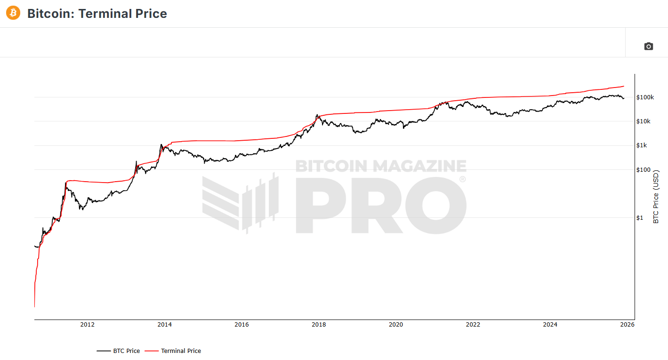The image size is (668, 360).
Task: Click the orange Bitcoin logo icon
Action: point(13,13)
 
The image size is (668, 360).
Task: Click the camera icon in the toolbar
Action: point(649,46)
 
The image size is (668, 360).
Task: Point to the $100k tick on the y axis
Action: point(644,97)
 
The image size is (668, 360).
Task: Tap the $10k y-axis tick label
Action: point(643,121)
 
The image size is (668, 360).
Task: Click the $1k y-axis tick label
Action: point(642,145)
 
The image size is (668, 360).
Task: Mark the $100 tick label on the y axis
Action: point(643,170)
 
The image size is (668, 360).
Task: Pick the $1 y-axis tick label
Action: point(640,218)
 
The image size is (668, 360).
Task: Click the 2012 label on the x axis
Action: point(87,324)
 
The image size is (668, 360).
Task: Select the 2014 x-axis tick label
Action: point(164,324)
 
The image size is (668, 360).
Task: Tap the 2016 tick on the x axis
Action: point(241,324)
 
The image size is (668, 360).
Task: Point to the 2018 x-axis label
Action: point(319,324)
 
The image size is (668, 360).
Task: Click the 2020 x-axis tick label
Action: point(396,324)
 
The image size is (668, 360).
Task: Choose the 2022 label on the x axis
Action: point(473,324)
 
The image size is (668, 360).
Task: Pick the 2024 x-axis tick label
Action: point(550,324)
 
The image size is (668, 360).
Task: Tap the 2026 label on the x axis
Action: point(627,324)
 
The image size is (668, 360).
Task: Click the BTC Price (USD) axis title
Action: point(656,197)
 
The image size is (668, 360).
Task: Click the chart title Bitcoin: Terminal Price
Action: point(97,14)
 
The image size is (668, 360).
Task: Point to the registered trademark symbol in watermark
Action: point(462,179)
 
